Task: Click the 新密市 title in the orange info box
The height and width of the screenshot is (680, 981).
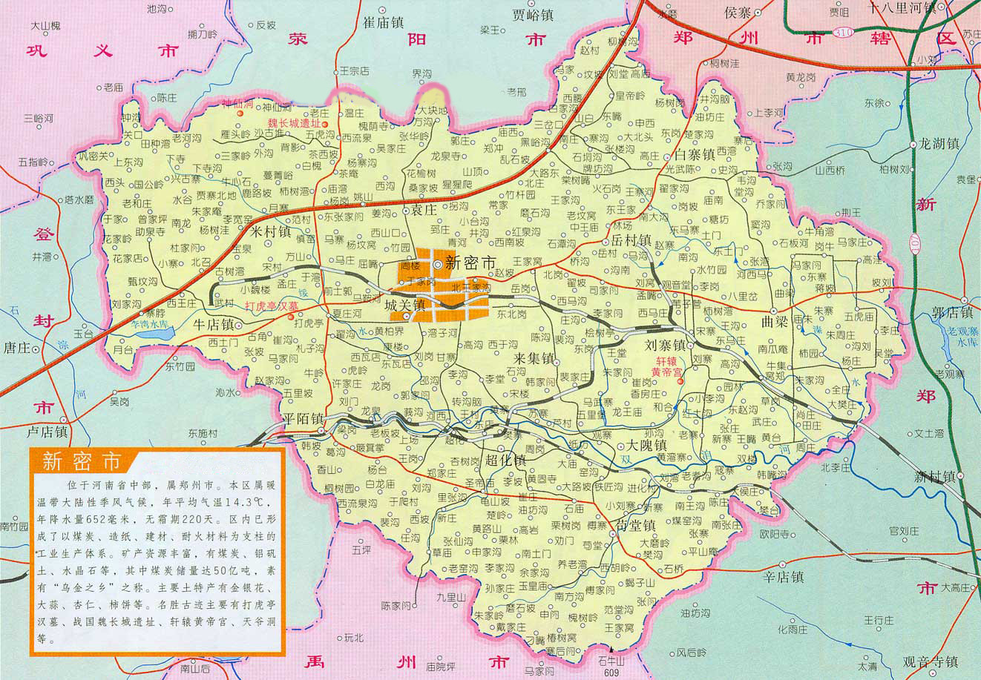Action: [x=81, y=461]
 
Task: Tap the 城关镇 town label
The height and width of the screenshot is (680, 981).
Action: [x=404, y=305]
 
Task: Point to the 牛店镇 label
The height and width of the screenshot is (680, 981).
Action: [x=214, y=325]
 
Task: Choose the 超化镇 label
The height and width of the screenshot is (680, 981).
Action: [x=506, y=461]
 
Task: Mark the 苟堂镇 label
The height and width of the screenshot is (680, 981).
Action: [x=637, y=525]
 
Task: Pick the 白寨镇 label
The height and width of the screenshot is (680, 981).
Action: [x=695, y=155]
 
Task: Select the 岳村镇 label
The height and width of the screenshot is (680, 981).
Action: [x=631, y=240]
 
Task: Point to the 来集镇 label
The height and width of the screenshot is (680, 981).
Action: [x=535, y=359]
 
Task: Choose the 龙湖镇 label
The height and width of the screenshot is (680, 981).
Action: [x=939, y=143]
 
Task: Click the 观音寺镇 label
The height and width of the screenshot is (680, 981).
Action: [x=931, y=661]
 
